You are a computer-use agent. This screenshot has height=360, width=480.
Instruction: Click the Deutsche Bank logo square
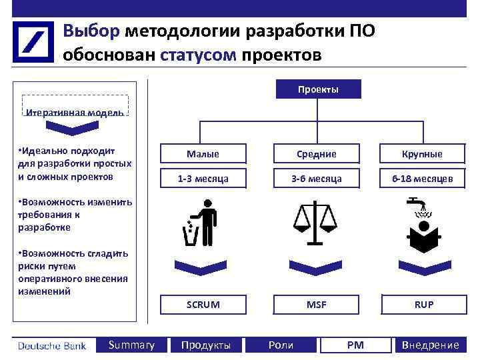33,41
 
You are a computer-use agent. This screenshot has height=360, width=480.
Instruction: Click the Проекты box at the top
318,89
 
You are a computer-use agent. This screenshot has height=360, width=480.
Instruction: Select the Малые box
203,154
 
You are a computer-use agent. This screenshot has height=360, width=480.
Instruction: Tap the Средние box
316,154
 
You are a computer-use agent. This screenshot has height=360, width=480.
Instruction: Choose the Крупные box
421,154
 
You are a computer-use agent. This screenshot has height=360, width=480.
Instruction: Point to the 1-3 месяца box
203,178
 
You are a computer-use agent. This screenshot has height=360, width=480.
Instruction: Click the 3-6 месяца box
316,178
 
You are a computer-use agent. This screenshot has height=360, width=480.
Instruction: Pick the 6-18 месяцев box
421,178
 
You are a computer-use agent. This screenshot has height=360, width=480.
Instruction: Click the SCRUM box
203,304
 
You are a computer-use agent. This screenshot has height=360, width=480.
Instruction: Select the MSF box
316,304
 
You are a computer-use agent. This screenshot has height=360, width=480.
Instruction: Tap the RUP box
423,304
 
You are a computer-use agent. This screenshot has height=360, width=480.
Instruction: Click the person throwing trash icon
201,223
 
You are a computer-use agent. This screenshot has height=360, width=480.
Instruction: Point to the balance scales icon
316,223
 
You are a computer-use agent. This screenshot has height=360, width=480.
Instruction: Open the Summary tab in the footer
131,345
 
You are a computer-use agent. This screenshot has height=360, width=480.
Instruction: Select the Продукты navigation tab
206,345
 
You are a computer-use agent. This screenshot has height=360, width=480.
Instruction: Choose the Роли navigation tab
280,345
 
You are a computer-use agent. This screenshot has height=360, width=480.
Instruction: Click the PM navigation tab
355,345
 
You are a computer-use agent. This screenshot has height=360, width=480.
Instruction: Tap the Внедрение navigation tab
430,345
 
